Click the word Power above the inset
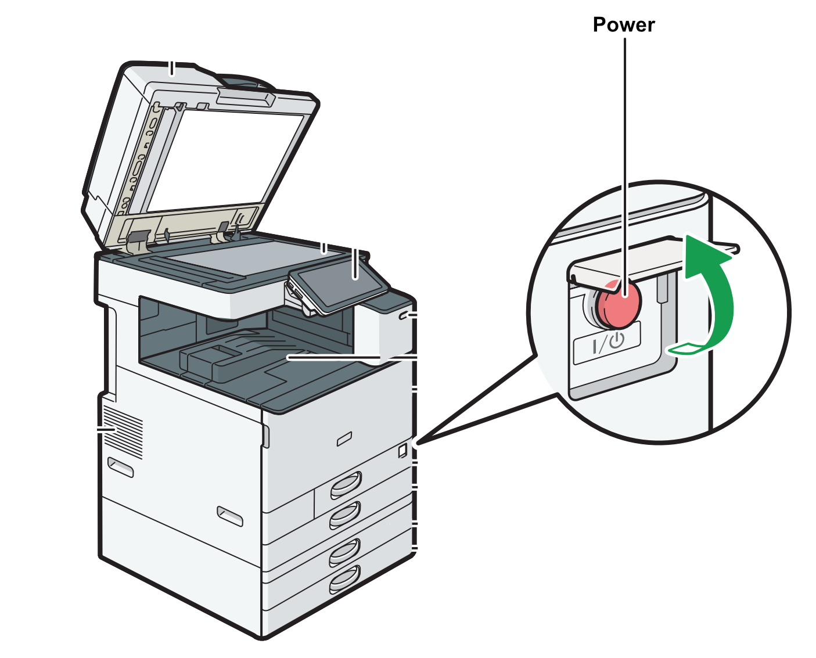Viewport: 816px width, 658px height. (x=624, y=25)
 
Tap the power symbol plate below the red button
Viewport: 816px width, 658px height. (x=607, y=343)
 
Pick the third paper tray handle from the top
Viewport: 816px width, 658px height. (x=345, y=552)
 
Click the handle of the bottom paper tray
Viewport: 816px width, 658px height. (x=345, y=579)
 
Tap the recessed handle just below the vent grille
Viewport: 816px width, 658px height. (x=120, y=466)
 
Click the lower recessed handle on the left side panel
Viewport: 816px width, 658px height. (x=230, y=516)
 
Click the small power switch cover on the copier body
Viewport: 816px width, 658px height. (x=402, y=450)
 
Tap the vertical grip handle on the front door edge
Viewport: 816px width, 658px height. (x=266, y=436)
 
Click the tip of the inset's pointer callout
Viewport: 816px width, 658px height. (x=417, y=444)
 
